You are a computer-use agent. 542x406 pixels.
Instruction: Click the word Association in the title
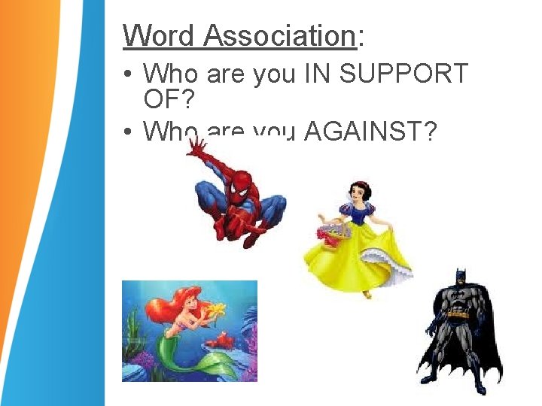[279, 35]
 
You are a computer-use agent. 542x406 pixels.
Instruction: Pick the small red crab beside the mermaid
[221, 341]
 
